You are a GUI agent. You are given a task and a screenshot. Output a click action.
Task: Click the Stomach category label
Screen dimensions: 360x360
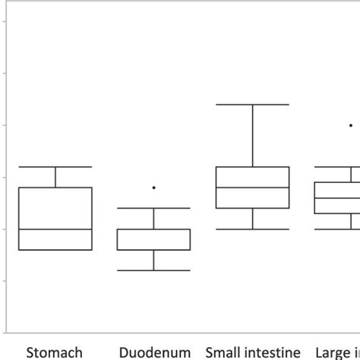(x=55, y=352)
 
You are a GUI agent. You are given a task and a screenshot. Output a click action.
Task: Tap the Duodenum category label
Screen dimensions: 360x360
(x=154, y=352)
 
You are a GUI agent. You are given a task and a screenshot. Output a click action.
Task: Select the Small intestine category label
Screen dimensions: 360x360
(x=252, y=352)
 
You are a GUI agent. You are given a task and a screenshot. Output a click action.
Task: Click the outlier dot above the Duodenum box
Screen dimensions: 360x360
(x=154, y=187)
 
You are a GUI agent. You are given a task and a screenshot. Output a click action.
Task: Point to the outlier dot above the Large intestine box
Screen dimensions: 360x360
(x=350, y=125)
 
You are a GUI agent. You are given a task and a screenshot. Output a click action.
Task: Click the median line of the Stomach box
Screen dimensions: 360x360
(x=55, y=229)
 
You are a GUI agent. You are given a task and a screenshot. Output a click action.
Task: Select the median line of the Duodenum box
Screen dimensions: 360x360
(x=154, y=229)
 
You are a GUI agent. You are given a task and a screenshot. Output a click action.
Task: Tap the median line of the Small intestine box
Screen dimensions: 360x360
(x=252, y=187)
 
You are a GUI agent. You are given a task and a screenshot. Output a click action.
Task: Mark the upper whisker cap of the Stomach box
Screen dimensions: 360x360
(x=55, y=166)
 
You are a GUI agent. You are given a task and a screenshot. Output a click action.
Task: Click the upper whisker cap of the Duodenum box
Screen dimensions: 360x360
(x=154, y=208)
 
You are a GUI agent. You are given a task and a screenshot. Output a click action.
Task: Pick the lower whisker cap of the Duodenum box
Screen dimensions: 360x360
(x=154, y=270)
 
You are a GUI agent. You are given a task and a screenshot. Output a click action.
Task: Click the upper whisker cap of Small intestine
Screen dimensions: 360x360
(x=252, y=104)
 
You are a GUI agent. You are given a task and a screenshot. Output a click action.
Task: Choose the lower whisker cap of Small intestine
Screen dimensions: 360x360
(x=252, y=229)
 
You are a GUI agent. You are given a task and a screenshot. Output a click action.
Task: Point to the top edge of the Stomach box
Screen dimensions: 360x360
(x=55, y=188)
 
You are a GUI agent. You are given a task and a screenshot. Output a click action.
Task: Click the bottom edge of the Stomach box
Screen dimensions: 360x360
(x=55, y=249)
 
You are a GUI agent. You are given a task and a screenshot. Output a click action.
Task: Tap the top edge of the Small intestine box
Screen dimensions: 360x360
(x=252, y=166)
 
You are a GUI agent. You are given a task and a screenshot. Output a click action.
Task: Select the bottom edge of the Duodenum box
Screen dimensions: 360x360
(x=154, y=249)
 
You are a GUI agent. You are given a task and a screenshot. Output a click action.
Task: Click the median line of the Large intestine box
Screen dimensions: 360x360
(x=338, y=198)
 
